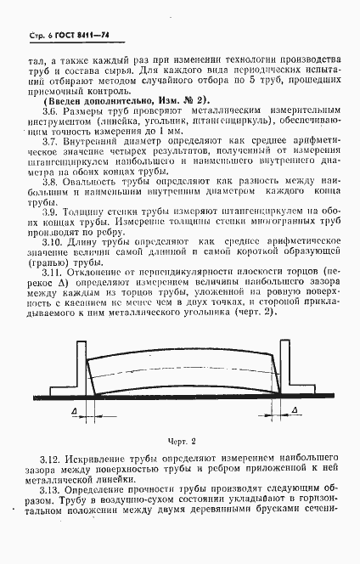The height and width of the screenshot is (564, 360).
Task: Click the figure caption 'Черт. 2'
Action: [180, 441]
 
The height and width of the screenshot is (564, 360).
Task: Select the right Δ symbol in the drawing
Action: [294, 412]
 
